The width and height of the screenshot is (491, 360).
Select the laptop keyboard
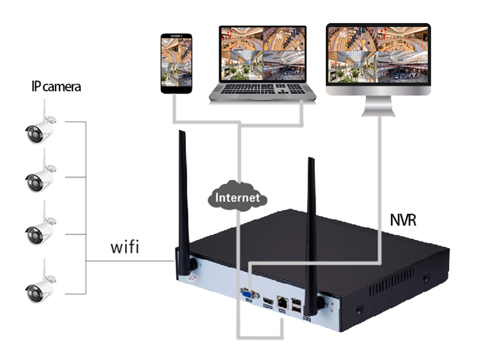262,91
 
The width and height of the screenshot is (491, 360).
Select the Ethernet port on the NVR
282,302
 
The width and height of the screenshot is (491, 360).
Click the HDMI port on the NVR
268,302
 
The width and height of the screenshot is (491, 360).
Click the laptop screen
262,53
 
